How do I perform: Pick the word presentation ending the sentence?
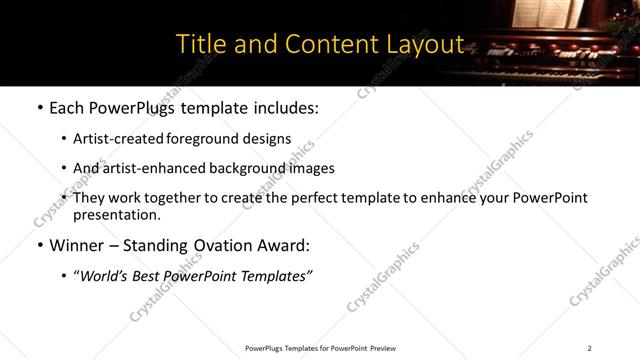[116, 214]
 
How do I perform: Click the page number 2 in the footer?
[589, 348]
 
